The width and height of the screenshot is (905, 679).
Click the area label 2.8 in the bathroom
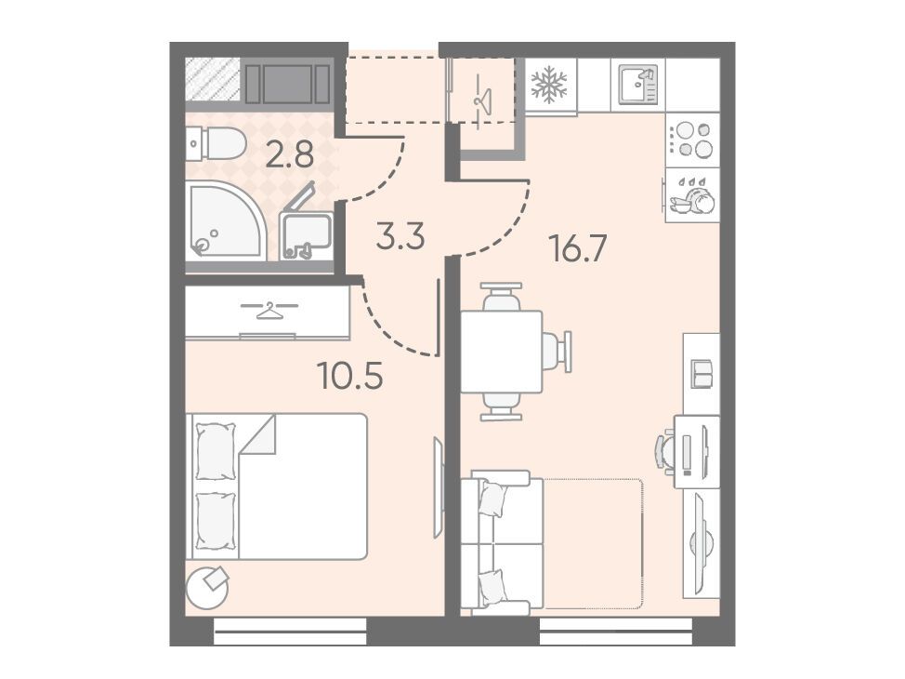pos(289,156)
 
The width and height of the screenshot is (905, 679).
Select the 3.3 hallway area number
pos(400,236)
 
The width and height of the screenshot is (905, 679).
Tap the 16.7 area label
pos(579,249)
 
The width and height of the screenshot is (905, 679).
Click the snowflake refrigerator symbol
pos(549,85)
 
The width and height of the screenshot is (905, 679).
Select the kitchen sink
pos(637,85)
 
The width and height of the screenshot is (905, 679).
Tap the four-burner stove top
pos(693,140)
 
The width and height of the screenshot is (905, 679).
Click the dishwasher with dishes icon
pos(692,196)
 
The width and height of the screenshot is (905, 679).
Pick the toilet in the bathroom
pos(216,143)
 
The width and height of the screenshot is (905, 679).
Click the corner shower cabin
pos(226,220)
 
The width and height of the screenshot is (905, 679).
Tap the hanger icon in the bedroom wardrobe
pos(269,309)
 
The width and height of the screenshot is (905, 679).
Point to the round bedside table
pos(208,588)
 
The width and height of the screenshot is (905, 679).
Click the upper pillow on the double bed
pos(216,451)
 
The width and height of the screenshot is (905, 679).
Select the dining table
pos(502,352)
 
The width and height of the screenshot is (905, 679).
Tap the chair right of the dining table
pos(557,352)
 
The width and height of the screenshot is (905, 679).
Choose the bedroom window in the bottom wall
pos(290,632)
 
